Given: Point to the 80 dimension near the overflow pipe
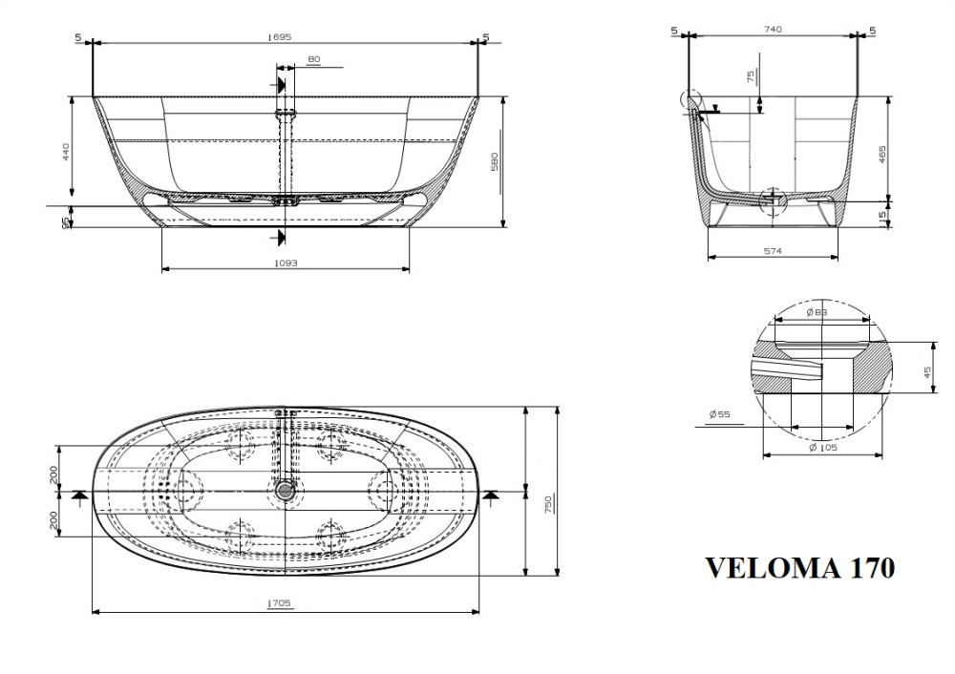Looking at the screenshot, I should pyautogui.click(x=313, y=60).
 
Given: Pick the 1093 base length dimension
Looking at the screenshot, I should pyautogui.click(x=285, y=263).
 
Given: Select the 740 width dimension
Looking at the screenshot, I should pyautogui.click(x=773, y=30).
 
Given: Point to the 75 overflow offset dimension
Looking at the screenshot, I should pyautogui.click(x=751, y=76).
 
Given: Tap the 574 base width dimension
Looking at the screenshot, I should pyautogui.click(x=773, y=251).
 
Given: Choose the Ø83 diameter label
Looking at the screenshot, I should pyautogui.click(x=816, y=312).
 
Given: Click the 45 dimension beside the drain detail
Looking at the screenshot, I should pyautogui.click(x=927, y=371).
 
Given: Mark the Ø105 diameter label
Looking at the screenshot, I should pyautogui.click(x=822, y=448).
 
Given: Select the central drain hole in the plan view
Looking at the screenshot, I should pyautogui.click(x=284, y=491).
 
